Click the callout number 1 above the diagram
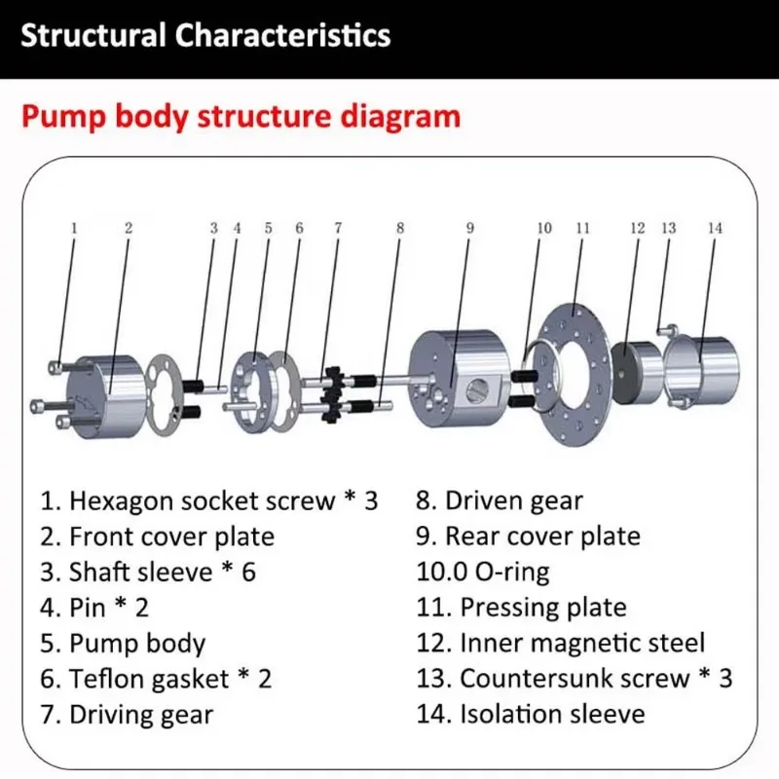tap(73, 228)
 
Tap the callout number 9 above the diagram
tap(469, 228)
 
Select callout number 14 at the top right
tap(715, 228)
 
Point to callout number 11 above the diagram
tap(582, 228)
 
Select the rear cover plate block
tap(458, 380)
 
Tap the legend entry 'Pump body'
tap(136, 644)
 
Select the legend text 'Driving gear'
tap(140, 715)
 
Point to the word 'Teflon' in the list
tap(102, 679)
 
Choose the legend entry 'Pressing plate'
tap(542, 609)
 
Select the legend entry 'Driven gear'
tap(513, 502)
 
